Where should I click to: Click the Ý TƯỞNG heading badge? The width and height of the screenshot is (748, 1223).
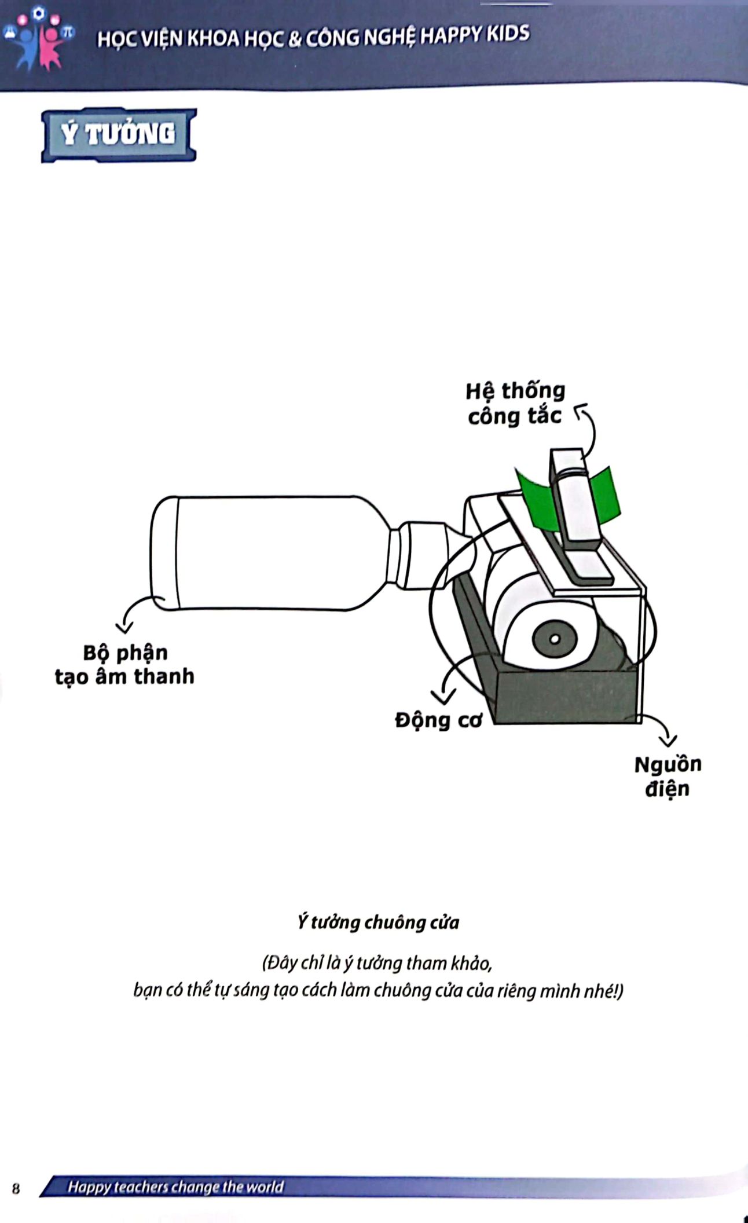(x=119, y=134)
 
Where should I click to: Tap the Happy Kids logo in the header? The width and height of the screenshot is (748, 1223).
(x=39, y=39)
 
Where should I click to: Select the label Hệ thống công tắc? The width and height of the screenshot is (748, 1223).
(x=515, y=404)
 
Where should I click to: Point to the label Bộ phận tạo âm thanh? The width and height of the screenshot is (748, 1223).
(x=124, y=664)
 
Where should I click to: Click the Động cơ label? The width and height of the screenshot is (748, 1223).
(x=438, y=720)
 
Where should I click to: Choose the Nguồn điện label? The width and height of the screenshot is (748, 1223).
(x=668, y=777)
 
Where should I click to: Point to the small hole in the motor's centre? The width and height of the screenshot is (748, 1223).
(x=554, y=639)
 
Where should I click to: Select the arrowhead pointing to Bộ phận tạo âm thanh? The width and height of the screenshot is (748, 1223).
(x=123, y=627)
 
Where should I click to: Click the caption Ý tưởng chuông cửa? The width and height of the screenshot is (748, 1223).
(x=378, y=922)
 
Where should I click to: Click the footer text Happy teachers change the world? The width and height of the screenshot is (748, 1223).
(x=175, y=1187)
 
